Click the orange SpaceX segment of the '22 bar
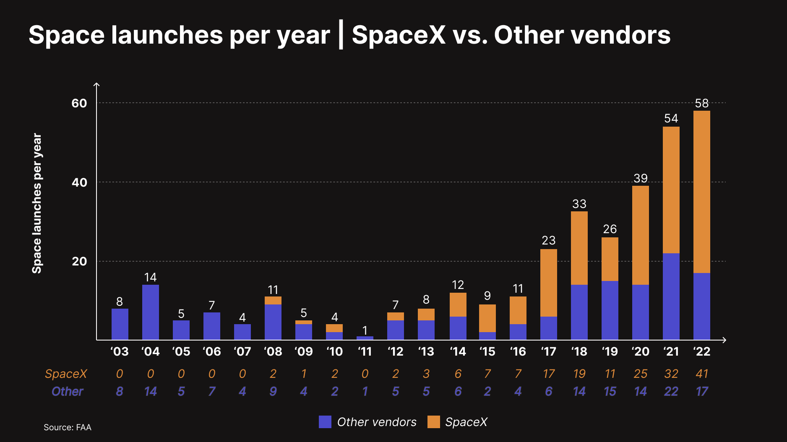tap(701, 192)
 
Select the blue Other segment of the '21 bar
tap(671, 296)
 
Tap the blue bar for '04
tap(150, 312)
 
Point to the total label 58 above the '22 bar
tap(701, 103)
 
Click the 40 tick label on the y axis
tap(79, 182)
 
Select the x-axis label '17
tap(548, 351)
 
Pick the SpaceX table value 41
tap(701, 374)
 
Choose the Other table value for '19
tap(610, 391)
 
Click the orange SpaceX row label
tap(66, 374)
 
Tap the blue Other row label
tap(67, 391)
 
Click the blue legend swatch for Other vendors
tap(325, 422)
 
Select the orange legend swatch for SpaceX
tap(433, 422)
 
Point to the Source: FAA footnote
tap(67, 427)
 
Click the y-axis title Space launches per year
tap(37, 203)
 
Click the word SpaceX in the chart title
tap(398, 35)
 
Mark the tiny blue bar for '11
tap(365, 338)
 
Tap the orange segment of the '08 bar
tap(273, 300)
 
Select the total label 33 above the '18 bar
tap(579, 204)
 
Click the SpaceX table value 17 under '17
tap(548, 374)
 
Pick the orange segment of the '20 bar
tap(640, 235)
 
